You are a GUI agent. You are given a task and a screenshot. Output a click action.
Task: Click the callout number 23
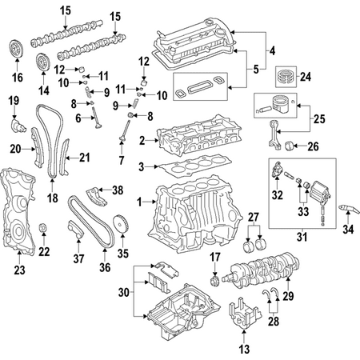19,270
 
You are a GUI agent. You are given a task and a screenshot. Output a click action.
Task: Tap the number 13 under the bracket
244,349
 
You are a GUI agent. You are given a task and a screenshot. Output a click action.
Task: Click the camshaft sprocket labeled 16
16,49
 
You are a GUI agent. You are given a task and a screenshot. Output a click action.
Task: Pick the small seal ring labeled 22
43,228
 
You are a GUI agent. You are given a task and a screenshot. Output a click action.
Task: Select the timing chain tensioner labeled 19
18,126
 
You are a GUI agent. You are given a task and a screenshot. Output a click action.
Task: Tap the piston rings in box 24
286,77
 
